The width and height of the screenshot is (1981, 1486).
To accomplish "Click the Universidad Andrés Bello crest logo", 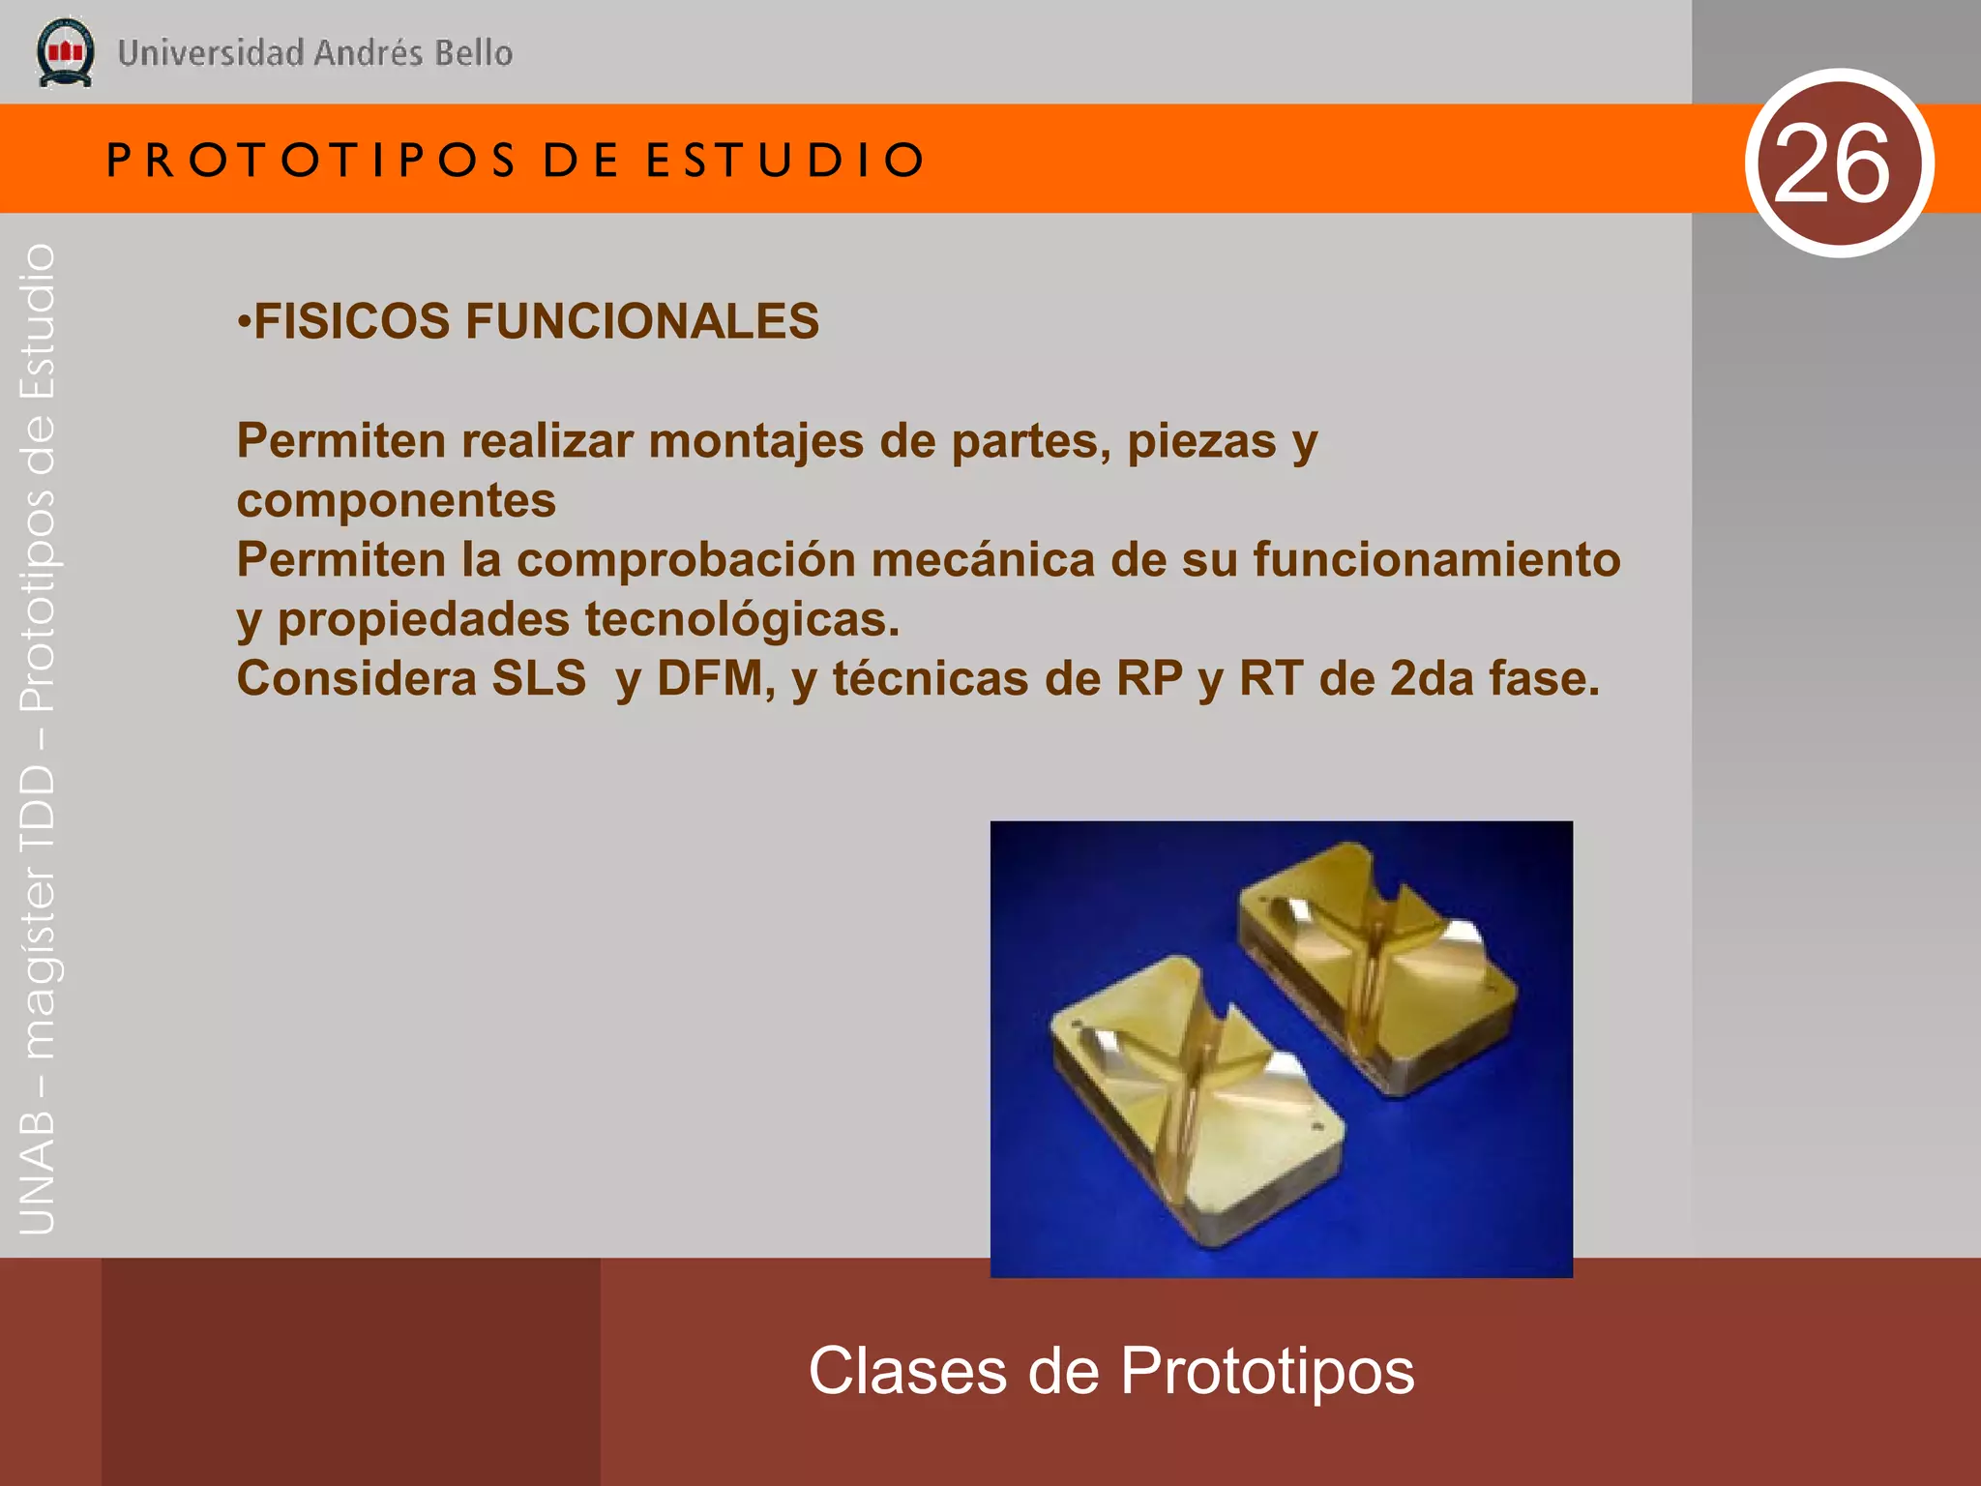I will (65, 52).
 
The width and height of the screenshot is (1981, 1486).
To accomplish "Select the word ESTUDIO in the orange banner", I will (784, 160).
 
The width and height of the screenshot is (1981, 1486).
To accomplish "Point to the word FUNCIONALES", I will (642, 321).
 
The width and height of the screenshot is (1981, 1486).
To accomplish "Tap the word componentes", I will (397, 501).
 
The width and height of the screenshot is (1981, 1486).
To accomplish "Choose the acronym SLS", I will (538, 678).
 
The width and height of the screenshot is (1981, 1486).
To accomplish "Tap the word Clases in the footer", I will (907, 1371).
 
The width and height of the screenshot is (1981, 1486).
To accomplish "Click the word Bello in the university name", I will (473, 52).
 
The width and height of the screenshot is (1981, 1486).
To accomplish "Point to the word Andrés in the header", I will (369, 52).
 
